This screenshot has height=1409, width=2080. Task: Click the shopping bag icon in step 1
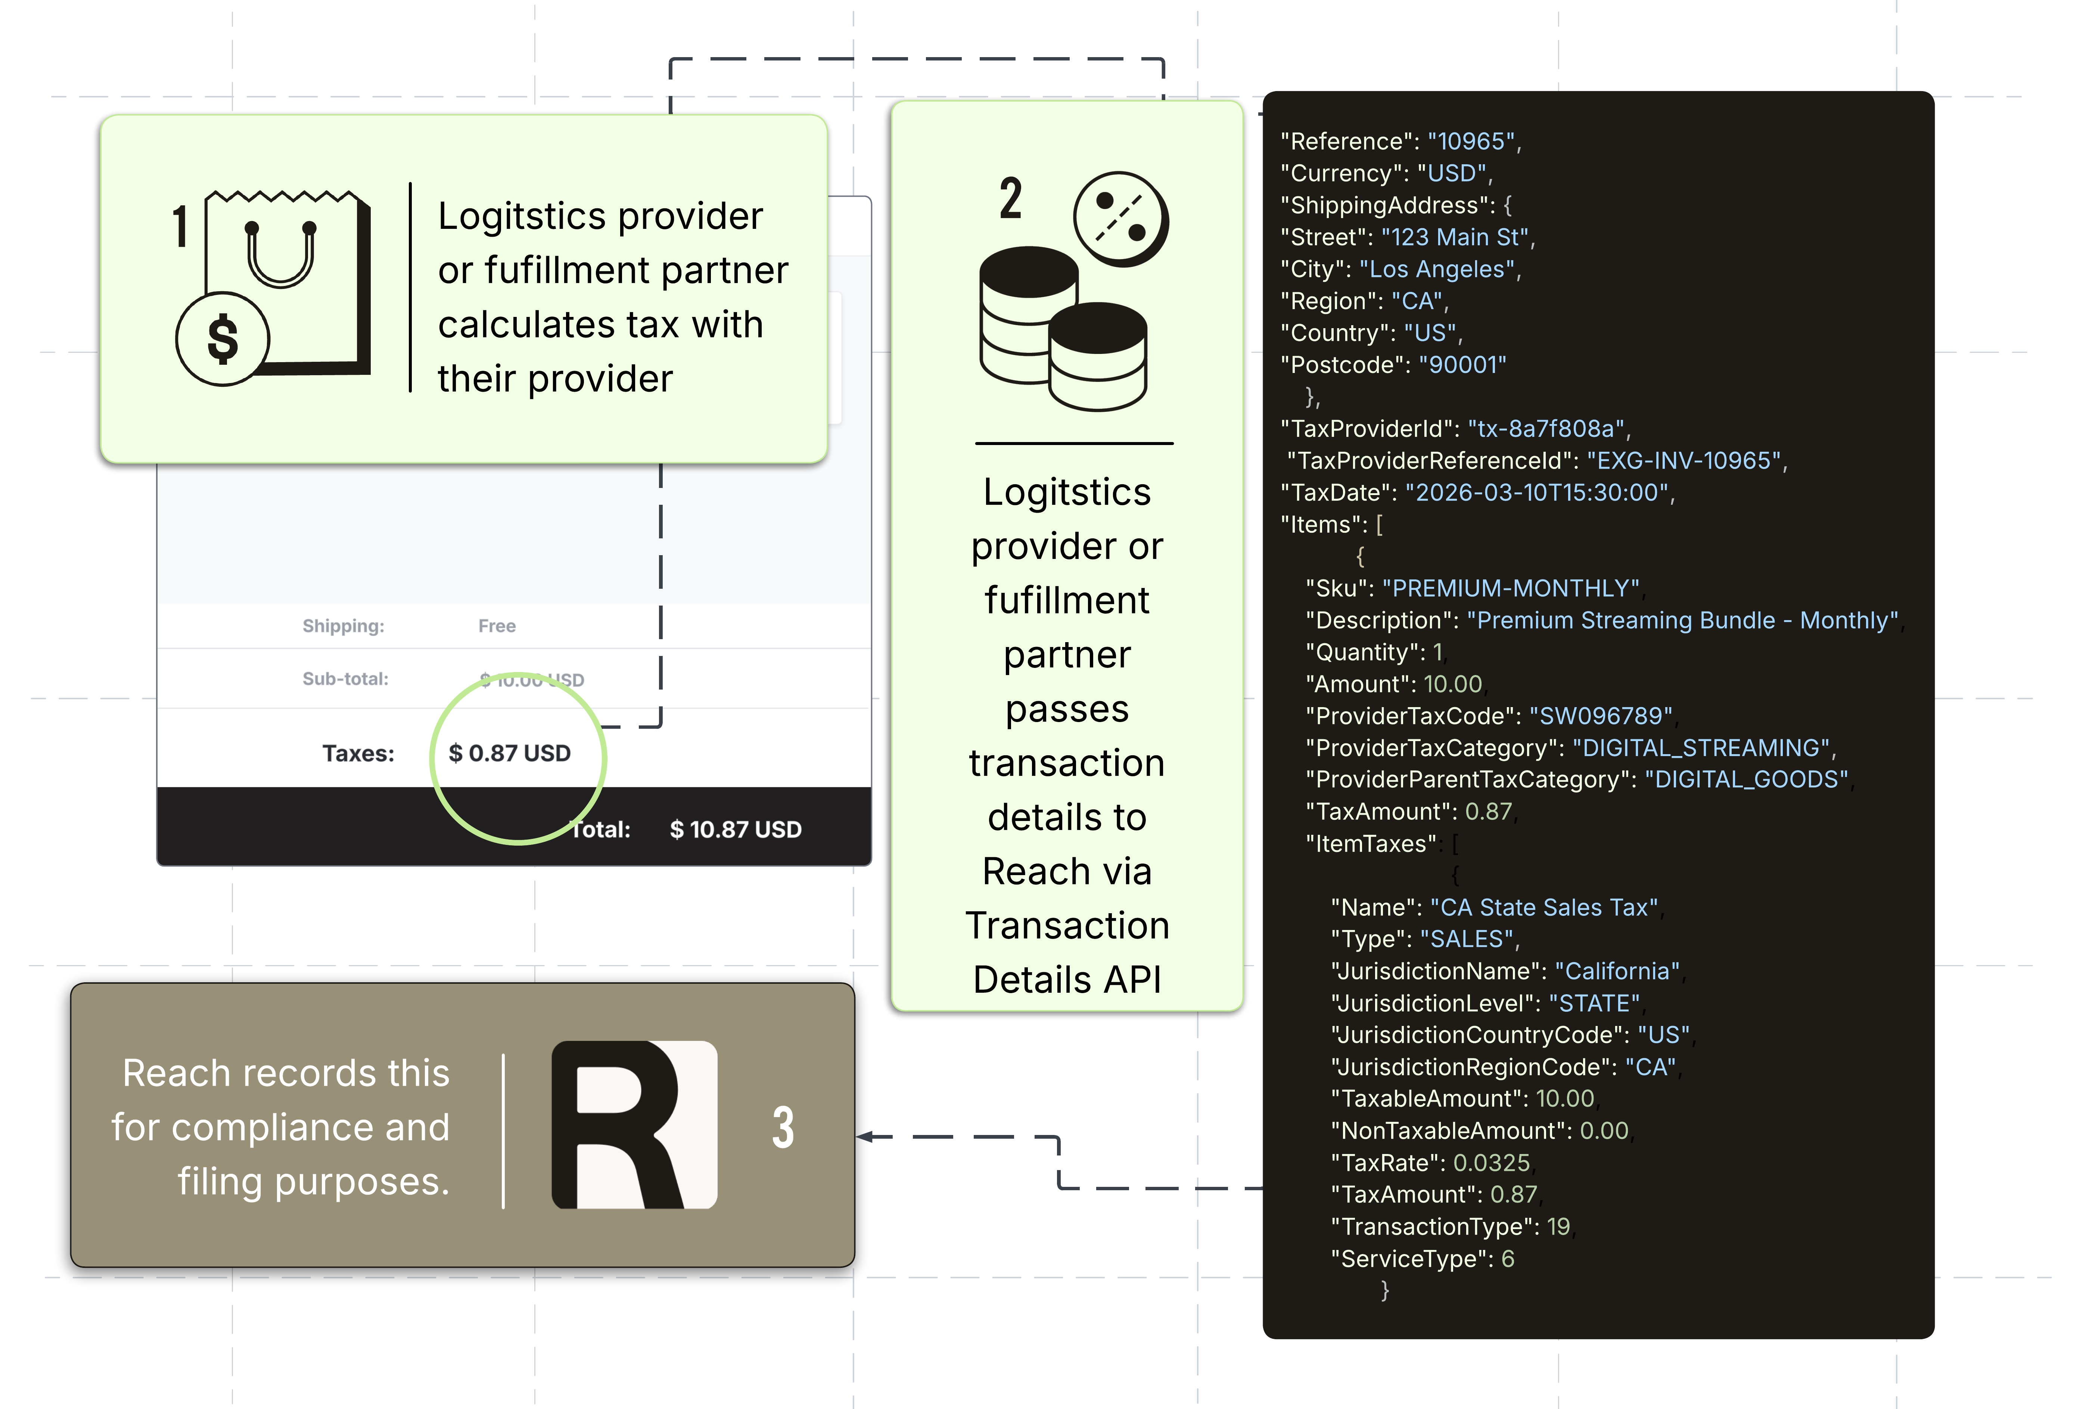click(x=286, y=282)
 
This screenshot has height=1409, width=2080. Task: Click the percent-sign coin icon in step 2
click(x=1122, y=219)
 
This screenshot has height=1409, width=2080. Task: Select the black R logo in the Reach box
click(x=634, y=1125)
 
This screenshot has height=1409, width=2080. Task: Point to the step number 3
click(x=783, y=1127)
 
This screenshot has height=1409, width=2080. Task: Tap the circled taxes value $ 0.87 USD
click(x=509, y=754)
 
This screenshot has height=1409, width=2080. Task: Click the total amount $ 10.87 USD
click(x=736, y=830)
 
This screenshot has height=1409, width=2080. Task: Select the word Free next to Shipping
click(x=497, y=626)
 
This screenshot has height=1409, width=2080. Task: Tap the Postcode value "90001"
click(x=1462, y=365)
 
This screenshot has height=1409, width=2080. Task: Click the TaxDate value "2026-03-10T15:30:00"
click(x=1537, y=493)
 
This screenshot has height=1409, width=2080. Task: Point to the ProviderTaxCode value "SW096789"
click(x=1600, y=716)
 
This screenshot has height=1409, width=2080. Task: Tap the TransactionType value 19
click(x=1558, y=1227)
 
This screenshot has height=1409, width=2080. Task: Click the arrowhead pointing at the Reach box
click(x=865, y=1137)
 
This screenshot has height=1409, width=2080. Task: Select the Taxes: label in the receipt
click(x=358, y=754)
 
